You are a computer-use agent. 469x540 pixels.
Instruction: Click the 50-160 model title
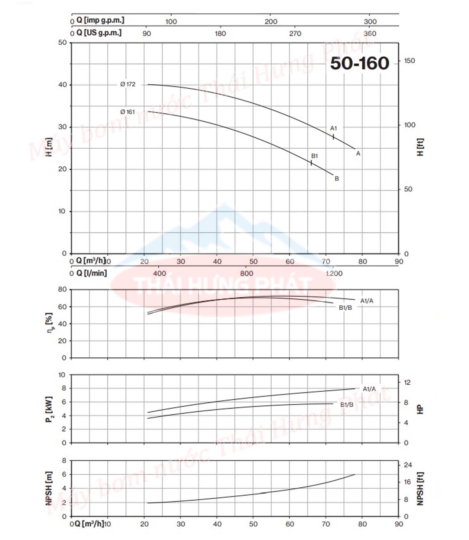click(x=360, y=63)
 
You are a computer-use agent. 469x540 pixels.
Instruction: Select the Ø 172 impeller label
click(x=128, y=84)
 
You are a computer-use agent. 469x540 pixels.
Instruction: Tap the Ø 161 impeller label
click(x=127, y=112)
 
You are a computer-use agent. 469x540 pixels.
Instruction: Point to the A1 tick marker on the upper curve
click(x=333, y=137)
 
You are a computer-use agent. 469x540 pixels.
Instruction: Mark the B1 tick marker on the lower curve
click(x=311, y=162)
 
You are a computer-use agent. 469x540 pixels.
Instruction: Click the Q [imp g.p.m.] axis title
click(x=100, y=20)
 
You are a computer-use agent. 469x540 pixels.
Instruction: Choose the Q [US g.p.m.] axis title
click(x=99, y=32)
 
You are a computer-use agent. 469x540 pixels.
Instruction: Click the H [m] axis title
click(x=49, y=147)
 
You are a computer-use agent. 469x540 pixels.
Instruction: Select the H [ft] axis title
click(x=420, y=147)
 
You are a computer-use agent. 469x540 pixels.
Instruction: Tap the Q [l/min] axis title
click(x=91, y=273)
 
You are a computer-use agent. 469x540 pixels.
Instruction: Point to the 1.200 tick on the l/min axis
click(x=334, y=273)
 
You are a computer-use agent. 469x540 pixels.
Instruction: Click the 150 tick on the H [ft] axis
click(x=409, y=61)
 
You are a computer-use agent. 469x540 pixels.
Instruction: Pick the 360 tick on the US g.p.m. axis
click(x=370, y=34)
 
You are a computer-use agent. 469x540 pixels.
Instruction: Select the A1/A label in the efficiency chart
click(x=367, y=301)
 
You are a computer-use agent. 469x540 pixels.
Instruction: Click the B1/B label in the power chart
click(x=347, y=405)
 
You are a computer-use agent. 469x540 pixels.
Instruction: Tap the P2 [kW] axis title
click(x=49, y=409)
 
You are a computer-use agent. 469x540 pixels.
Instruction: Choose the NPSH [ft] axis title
click(x=420, y=488)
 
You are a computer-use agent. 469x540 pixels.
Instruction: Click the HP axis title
click(x=420, y=409)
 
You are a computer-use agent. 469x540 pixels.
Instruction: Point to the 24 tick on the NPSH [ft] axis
click(x=408, y=465)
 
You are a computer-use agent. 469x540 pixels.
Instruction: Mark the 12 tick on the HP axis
click(x=407, y=382)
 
